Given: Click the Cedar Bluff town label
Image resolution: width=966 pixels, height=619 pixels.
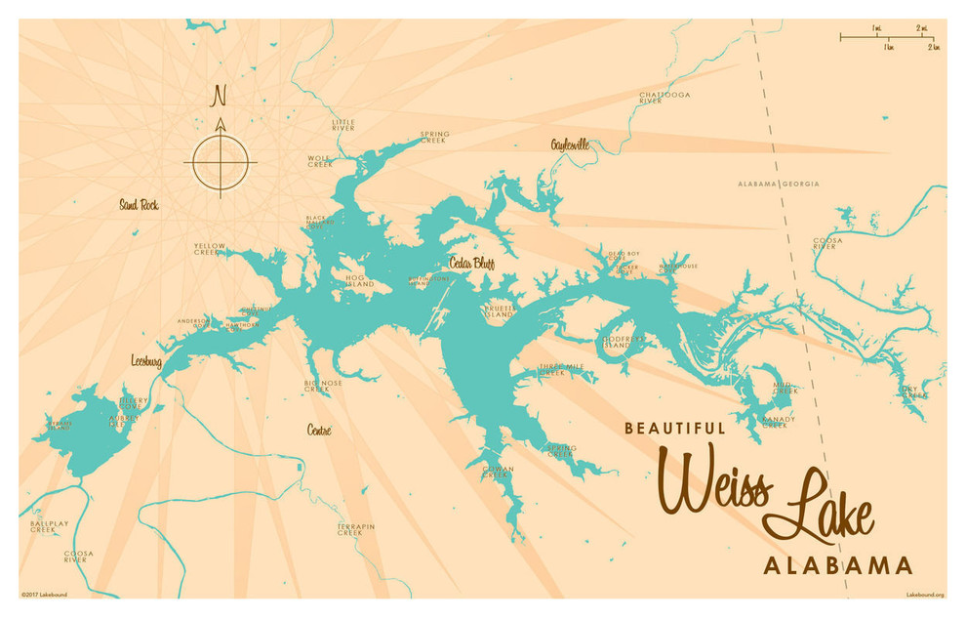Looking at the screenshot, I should pos(471,263).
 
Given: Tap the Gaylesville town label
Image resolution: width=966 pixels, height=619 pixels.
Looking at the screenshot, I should pos(570,144).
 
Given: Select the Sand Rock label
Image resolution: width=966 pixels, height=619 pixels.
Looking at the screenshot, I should pos(139,205).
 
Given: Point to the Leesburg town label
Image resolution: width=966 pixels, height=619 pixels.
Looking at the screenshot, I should pos(146,360).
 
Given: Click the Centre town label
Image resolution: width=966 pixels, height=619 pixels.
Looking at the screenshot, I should pos(319,430).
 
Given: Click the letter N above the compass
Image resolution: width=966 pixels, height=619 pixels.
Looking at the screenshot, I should pos(220,96).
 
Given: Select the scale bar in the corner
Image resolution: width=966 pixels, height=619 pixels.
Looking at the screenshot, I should pos(889,39).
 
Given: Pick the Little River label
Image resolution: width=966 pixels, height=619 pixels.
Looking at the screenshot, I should pos(343,125).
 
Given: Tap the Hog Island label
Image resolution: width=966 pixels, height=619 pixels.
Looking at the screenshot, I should pos(359,281).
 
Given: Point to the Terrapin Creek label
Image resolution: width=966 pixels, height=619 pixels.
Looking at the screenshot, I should pos(356,529).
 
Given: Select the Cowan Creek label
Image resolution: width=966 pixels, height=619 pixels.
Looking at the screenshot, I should pos(498,472).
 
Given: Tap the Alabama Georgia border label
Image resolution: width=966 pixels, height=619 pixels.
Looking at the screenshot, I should pos(778,184).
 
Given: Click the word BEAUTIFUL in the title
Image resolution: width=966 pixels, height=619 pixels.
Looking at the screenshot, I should pos(674,428).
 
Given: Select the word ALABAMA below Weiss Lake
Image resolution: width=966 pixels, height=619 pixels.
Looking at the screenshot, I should pos(837,565).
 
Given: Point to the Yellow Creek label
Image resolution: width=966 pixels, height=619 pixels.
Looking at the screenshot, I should pos(209,249).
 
